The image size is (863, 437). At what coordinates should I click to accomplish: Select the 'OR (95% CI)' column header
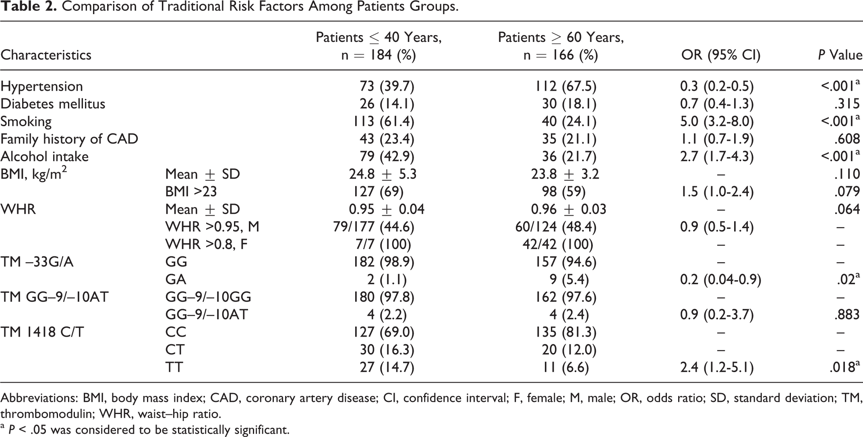(721, 54)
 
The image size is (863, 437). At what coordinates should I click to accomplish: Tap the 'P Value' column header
(840, 54)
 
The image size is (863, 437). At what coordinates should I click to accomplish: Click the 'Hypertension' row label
(41, 86)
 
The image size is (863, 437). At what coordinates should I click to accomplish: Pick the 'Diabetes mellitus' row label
(53, 104)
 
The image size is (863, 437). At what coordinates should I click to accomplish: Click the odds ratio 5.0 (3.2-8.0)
(717, 121)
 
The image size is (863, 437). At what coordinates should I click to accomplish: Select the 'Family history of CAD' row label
(69, 139)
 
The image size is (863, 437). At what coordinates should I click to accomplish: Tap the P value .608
(848, 139)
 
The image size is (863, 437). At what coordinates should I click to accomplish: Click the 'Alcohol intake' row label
(44, 156)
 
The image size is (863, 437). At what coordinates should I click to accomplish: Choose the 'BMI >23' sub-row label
(191, 191)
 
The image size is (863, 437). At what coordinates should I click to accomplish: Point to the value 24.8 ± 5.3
(383, 174)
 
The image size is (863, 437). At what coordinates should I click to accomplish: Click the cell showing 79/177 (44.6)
(374, 227)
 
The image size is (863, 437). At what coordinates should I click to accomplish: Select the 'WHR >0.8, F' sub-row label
(207, 244)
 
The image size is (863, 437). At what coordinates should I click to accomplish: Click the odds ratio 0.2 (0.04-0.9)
(720, 279)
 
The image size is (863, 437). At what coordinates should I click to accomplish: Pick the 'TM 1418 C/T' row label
(42, 332)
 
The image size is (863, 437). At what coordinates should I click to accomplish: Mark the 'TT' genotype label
(174, 367)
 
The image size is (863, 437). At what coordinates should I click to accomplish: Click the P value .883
(848, 314)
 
